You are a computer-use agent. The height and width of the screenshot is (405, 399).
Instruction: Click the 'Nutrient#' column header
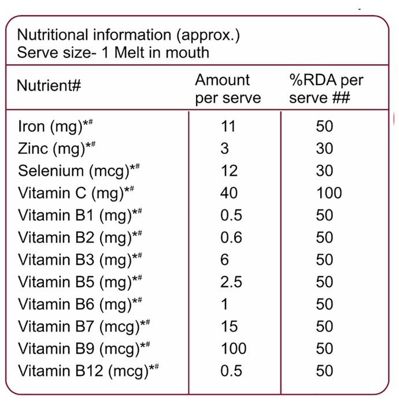click(49, 86)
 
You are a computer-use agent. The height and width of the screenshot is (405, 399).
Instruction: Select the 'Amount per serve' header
click(228, 89)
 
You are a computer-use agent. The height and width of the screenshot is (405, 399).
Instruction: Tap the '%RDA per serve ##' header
click(326, 89)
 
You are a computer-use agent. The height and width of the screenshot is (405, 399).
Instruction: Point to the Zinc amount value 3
click(224, 149)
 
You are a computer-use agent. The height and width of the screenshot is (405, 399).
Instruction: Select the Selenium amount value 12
click(229, 171)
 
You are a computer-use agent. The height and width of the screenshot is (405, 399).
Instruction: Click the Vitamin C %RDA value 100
click(329, 193)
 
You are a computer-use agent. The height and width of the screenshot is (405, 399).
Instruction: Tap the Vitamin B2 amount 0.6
click(231, 237)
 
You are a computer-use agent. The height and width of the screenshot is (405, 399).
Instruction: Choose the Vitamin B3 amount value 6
click(224, 260)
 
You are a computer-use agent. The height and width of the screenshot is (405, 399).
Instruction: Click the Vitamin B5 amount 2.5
click(231, 282)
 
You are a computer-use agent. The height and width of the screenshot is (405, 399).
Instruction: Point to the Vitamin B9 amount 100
click(234, 348)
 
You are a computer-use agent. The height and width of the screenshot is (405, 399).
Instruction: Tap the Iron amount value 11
click(228, 126)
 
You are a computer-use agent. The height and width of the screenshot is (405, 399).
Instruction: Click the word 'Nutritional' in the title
click(53, 35)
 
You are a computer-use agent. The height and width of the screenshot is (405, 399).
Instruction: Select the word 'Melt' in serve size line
click(129, 53)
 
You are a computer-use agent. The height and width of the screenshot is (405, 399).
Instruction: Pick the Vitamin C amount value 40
click(229, 193)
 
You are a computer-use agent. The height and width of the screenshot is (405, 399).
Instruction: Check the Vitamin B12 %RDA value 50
click(324, 371)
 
